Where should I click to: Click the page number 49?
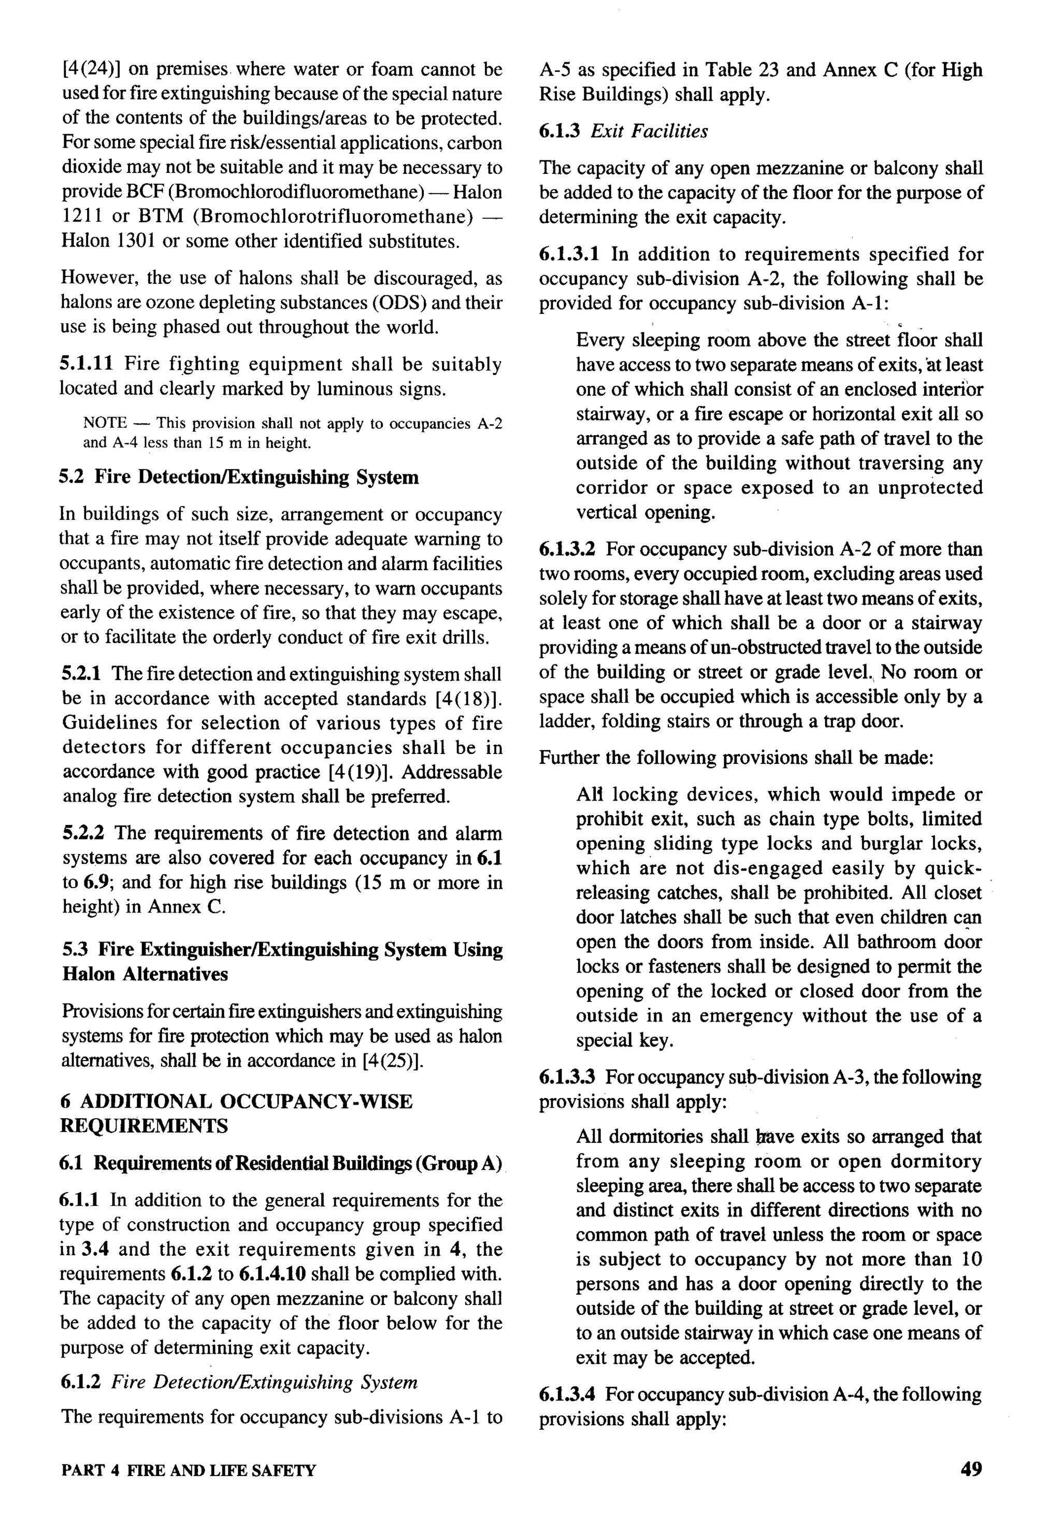[970, 1469]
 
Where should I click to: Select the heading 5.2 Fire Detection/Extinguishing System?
[239, 477]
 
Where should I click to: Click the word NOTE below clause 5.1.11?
[105, 423]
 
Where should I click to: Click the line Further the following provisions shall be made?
[736, 757]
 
